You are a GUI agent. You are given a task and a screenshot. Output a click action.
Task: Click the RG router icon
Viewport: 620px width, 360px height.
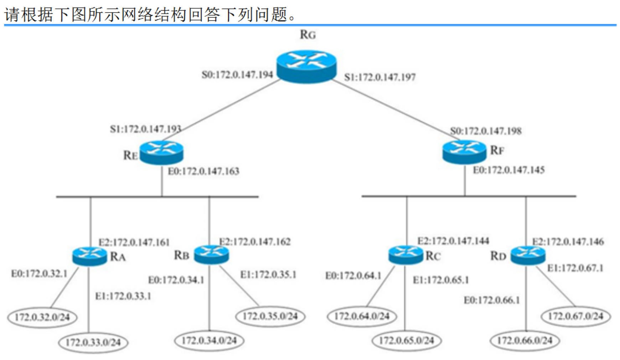coord(306,66)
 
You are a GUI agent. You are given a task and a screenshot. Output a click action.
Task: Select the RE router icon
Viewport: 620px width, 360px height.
coord(161,152)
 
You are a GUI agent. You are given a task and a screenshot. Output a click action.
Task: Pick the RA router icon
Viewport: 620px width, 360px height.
coord(89,256)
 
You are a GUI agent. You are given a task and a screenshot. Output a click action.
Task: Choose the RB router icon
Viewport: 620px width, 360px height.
coord(211,254)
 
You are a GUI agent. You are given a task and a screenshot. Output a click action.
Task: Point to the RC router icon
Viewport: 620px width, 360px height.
coord(405,255)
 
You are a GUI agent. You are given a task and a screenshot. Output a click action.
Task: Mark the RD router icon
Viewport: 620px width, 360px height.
coord(528,255)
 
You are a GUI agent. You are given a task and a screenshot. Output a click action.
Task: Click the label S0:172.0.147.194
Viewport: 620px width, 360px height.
coord(237,74)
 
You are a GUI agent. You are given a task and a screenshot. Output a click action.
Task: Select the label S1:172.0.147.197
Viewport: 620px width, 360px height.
coord(380,77)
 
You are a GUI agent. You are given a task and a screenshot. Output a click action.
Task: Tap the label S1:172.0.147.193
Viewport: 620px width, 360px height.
coord(145,129)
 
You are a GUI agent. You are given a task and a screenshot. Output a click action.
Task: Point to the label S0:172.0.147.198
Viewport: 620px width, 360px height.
coord(486,131)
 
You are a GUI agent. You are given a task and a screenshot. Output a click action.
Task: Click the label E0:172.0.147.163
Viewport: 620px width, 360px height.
coord(203,171)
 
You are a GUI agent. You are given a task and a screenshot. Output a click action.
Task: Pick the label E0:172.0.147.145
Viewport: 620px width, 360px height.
coord(508,170)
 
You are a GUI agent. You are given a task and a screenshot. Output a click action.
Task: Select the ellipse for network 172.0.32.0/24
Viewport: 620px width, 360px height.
coord(42,317)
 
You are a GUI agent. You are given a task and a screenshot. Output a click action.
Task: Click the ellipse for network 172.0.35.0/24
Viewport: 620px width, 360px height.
coord(270,316)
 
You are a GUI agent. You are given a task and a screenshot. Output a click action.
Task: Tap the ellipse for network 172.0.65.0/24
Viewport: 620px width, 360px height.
coord(406,340)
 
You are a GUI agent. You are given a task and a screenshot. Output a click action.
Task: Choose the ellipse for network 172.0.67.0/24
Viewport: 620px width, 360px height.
coord(575,316)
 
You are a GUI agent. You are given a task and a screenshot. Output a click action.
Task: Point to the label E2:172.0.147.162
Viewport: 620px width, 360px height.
coord(255,242)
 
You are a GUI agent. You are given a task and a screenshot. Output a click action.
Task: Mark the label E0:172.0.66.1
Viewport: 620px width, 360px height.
coord(491,300)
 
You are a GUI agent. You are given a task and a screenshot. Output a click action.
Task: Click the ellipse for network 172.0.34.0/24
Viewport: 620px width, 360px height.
coord(209,340)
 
